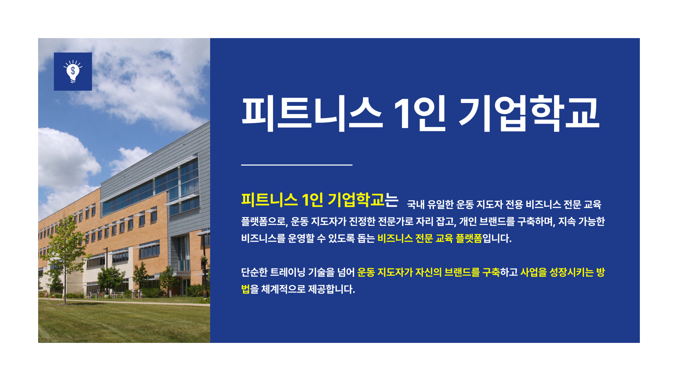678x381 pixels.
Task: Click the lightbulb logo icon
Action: [x=73, y=72]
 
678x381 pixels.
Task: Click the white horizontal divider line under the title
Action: [x=297, y=165]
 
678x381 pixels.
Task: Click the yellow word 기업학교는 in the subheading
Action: [x=363, y=200]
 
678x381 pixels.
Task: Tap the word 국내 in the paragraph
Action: [x=416, y=205]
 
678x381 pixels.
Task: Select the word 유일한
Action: [x=440, y=205]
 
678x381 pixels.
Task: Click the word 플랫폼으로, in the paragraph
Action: [x=265, y=222]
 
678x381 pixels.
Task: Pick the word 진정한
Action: [x=362, y=222]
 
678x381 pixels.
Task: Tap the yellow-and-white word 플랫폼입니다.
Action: [x=483, y=238]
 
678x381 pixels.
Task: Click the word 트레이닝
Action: [x=287, y=272]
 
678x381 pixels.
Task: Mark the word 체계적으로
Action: [x=283, y=289]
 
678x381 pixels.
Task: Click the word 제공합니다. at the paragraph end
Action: [x=332, y=289]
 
